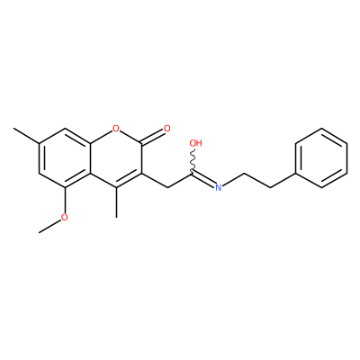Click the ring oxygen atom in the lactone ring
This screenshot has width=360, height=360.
point(115,129)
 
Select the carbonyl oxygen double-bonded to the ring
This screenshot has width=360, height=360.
point(166,129)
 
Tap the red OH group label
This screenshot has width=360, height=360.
point(196,143)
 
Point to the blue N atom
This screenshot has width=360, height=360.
point(219,188)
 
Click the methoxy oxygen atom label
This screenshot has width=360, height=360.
point(64,217)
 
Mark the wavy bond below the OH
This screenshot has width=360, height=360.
point(193,160)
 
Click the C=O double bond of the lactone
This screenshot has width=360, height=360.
point(153,138)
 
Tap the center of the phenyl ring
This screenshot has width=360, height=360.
point(321,158)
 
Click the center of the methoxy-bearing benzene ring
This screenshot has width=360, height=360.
point(64,158)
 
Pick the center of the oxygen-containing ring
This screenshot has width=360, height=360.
point(115,158)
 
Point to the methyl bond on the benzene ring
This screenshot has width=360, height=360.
point(26,136)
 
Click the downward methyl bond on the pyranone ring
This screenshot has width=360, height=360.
point(116,202)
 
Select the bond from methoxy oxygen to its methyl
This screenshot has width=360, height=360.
point(50,226)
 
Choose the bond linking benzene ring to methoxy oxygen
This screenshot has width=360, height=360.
point(64,200)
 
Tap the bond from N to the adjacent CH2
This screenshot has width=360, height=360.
point(233,179)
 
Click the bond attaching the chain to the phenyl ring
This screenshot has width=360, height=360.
point(283,180)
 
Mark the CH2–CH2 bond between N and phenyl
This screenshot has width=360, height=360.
point(257,180)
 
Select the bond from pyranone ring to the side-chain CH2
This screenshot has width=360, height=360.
point(154,180)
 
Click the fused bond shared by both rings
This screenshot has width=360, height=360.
point(90,158)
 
